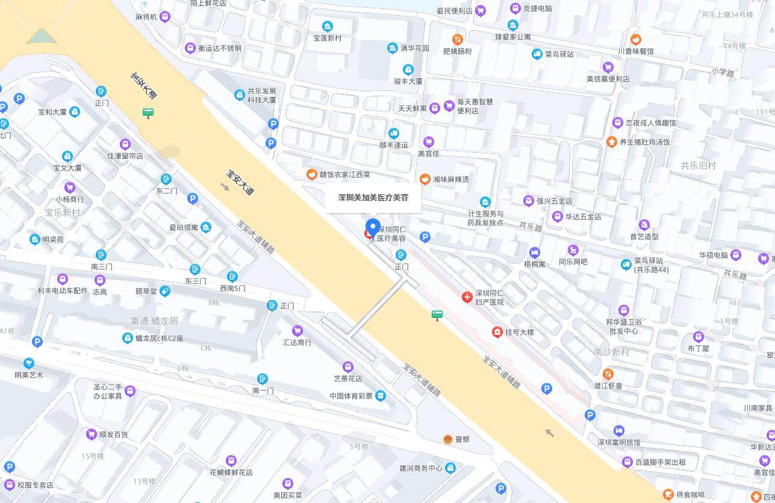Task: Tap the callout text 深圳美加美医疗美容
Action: click(373, 197)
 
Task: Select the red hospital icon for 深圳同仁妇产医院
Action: click(467, 297)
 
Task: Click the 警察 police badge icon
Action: click(447, 439)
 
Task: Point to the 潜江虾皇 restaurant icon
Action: click(608, 374)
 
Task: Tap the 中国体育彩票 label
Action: click(350, 396)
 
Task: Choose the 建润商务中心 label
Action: click(420, 468)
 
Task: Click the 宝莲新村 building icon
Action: click(327, 26)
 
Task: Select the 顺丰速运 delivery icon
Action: click(394, 134)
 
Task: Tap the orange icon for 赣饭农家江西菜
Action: click(311, 174)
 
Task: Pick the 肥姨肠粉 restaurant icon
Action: click(458, 40)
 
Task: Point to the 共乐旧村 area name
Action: click(698, 165)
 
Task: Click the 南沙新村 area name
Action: click(611, 352)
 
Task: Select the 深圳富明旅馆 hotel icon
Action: click(618, 430)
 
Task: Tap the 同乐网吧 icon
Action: click(573, 250)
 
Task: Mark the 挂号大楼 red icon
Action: click(497, 332)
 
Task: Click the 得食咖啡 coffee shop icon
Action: click(667, 495)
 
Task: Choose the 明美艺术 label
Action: click(29, 375)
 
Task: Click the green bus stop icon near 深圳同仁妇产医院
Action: click(437, 315)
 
